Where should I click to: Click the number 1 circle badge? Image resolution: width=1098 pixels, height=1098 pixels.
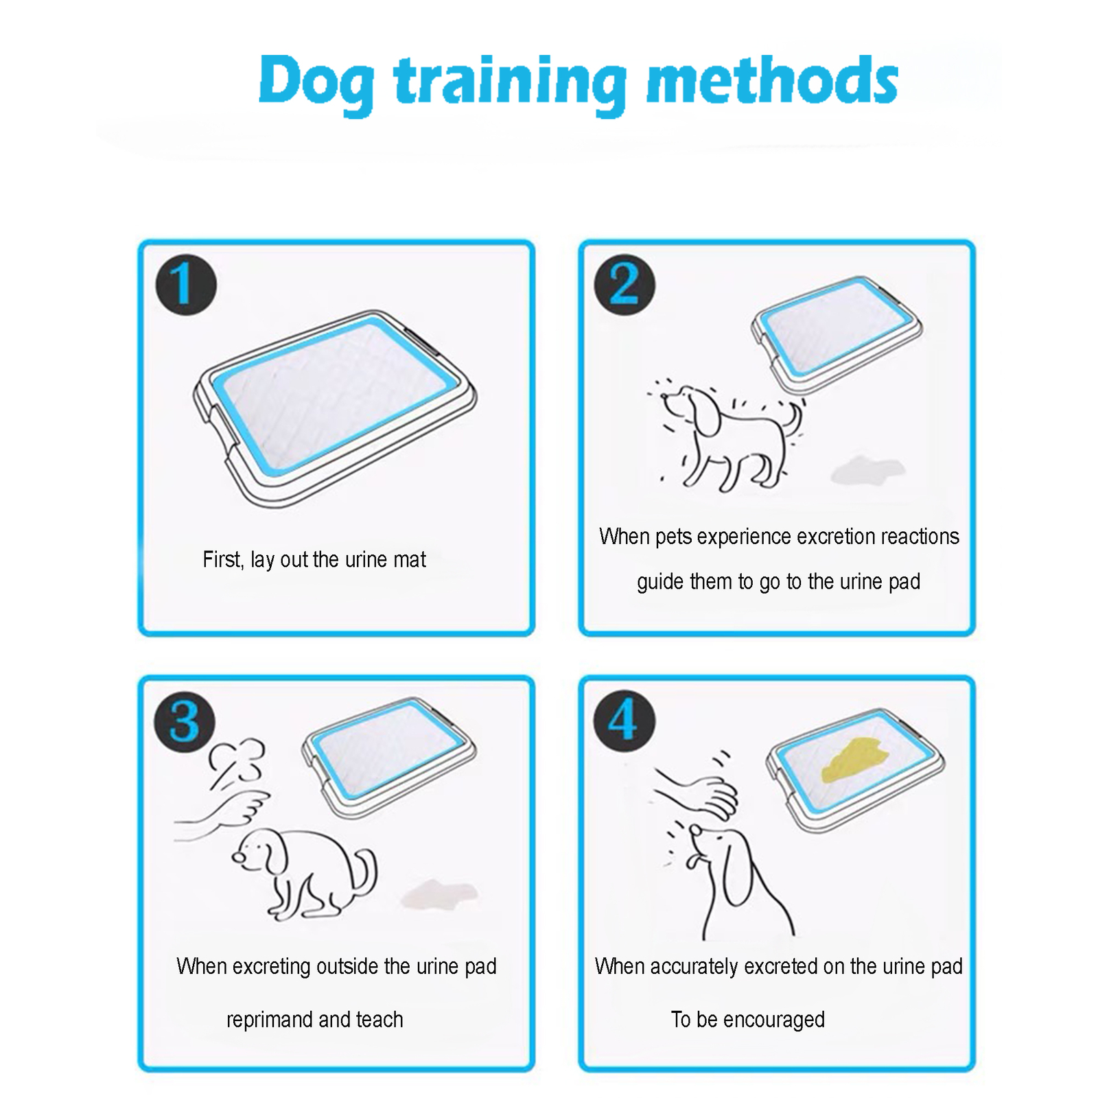pos(186,285)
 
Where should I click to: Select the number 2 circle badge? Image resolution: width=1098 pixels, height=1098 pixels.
pos(624,285)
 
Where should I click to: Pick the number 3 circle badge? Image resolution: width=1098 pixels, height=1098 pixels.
pos(185,722)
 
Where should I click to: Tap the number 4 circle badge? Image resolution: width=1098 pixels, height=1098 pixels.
pos(624,721)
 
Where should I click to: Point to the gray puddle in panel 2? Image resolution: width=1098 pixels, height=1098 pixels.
pos(866,470)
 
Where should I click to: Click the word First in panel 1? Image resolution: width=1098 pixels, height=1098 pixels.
pos(221,559)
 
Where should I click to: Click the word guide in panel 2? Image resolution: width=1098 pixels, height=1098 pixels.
pos(660,582)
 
